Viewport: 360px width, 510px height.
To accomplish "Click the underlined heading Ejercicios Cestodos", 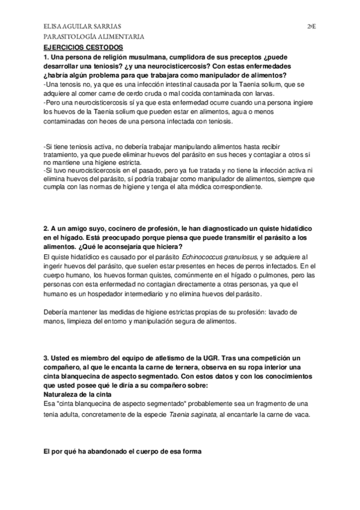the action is click(x=84, y=46).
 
